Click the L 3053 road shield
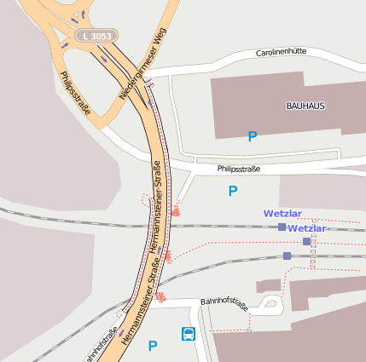(96, 37)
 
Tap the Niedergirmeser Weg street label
(141, 63)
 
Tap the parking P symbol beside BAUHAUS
(252, 136)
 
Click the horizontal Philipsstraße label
(238, 169)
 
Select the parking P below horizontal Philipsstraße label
(232, 192)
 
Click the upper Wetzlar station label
(282, 214)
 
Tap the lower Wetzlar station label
(307, 229)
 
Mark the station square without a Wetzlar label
(288, 256)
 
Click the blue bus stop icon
(188, 334)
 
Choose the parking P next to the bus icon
(153, 346)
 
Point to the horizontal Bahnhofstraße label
(224, 302)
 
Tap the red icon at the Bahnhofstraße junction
(160, 296)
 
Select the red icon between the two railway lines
(169, 255)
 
